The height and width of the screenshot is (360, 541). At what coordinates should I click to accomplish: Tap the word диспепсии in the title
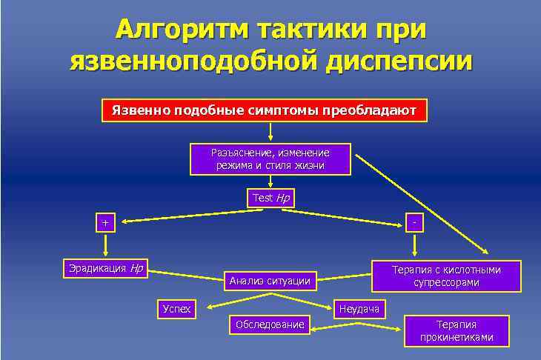[x=396, y=61]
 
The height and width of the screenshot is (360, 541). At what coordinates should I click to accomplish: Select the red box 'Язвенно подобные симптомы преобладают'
[x=264, y=111]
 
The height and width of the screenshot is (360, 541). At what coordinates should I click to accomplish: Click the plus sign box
[x=105, y=222]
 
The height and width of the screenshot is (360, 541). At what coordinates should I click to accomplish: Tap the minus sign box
[x=416, y=222]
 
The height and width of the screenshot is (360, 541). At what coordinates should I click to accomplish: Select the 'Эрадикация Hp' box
[x=103, y=268]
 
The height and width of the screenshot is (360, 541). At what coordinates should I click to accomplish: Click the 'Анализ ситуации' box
[x=270, y=280]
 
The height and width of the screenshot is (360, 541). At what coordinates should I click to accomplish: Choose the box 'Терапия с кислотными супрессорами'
[x=446, y=276]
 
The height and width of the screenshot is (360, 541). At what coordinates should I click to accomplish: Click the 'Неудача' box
[x=359, y=308]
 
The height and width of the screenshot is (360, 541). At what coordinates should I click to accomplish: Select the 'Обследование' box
[x=270, y=324]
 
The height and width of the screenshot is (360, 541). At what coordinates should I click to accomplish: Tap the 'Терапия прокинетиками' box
[x=456, y=330]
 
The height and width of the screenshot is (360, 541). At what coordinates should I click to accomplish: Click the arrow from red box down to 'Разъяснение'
[x=270, y=132]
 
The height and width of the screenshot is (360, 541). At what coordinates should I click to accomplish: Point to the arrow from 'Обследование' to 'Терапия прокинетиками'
[x=356, y=324]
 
